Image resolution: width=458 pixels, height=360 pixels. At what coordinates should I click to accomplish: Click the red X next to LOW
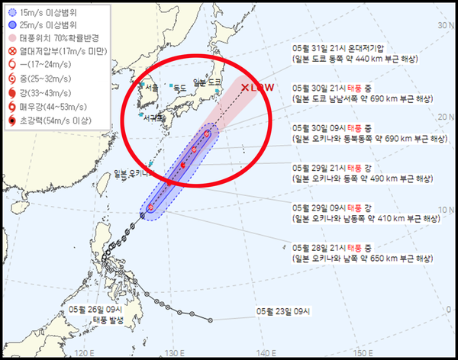[244, 88]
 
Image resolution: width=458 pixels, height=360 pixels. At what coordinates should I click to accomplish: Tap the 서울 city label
[146, 88]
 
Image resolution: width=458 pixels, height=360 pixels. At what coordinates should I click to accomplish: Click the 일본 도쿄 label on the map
[208, 82]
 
